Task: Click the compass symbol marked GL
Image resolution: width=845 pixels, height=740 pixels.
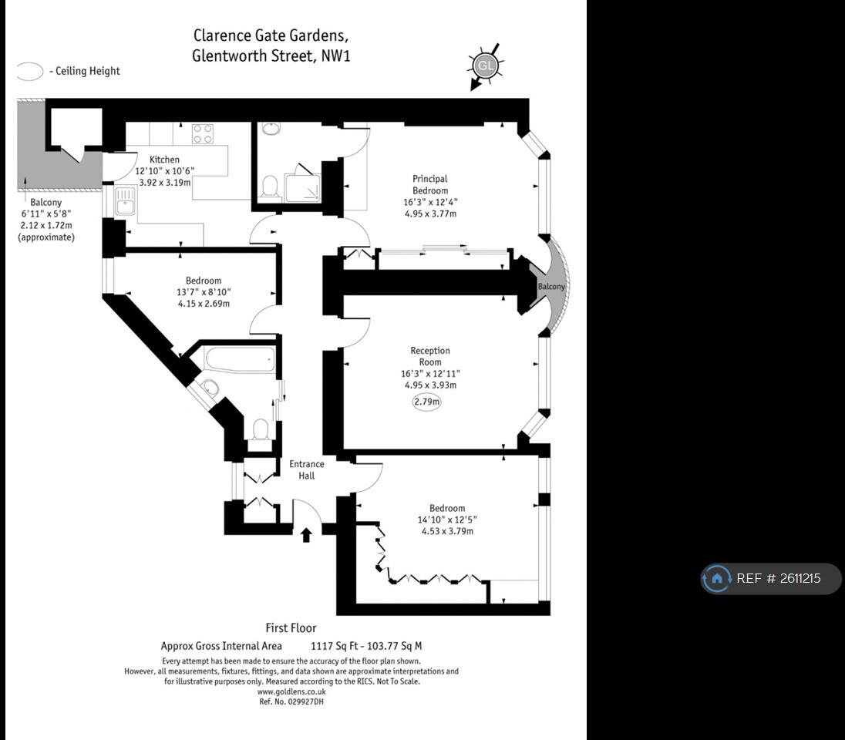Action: click(485, 66)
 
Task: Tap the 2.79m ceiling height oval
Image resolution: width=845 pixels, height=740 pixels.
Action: click(426, 402)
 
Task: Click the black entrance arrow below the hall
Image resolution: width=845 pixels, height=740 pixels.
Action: click(306, 534)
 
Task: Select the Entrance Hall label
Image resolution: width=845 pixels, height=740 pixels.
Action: click(307, 469)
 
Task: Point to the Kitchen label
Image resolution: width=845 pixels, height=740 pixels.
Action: click(164, 160)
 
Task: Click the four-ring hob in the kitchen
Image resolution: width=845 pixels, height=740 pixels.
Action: click(203, 133)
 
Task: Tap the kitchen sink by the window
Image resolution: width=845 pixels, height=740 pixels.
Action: click(125, 202)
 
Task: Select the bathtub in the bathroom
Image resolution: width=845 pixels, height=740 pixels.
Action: click(240, 359)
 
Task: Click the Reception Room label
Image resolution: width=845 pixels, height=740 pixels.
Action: click(430, 356)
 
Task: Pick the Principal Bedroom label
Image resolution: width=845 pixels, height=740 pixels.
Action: click(429, 184)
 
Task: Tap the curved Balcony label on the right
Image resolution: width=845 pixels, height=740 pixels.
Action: click(551, 287)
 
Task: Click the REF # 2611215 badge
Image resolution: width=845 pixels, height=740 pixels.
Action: click(770, 578)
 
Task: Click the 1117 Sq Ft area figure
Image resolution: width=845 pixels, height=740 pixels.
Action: click(335, 646)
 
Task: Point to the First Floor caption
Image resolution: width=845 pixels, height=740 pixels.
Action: click(291, 628)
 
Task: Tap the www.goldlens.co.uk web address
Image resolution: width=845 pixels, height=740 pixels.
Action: click(291, 692)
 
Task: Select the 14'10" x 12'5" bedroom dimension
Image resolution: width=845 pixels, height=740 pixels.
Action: click(447, 520)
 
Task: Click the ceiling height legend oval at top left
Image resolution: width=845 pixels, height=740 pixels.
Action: click(30, 72)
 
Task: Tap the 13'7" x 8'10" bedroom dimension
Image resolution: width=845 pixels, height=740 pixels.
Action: click(203, 292)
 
